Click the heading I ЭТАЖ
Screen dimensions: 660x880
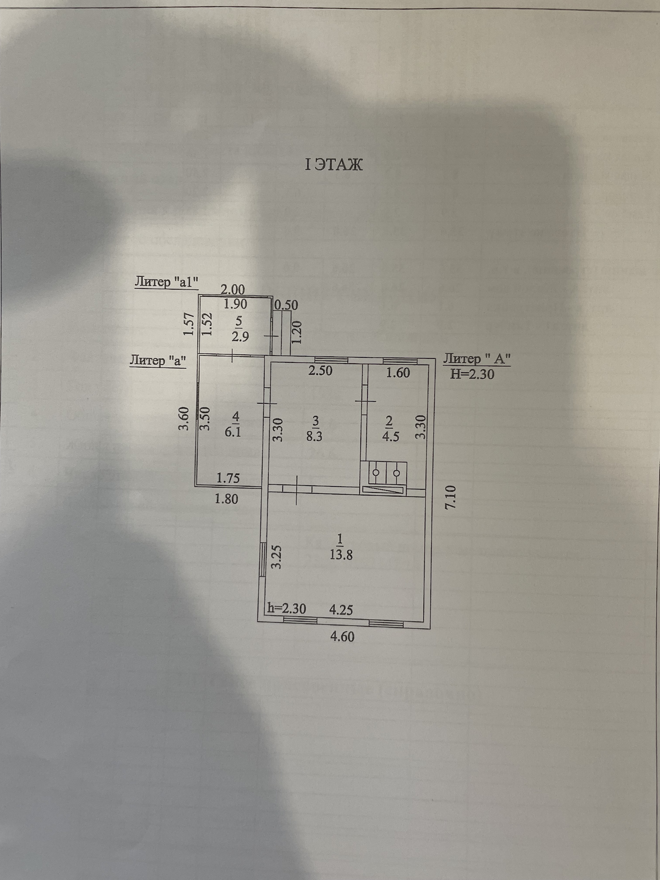point(333,165)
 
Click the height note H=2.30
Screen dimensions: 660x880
point(472,374)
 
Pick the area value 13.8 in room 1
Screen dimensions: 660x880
point(341,554)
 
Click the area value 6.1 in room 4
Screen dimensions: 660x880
point(233,432)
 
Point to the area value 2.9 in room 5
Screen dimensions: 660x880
point(240,337)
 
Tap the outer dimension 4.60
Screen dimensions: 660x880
point(342,637)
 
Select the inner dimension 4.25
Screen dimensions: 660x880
point(341,609)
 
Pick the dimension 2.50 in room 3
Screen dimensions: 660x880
point(321,371)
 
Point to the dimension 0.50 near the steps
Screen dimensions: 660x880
point(286,305)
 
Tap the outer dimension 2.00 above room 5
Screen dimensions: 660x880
point(233,289)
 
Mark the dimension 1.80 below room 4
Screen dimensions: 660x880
point(227,498)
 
